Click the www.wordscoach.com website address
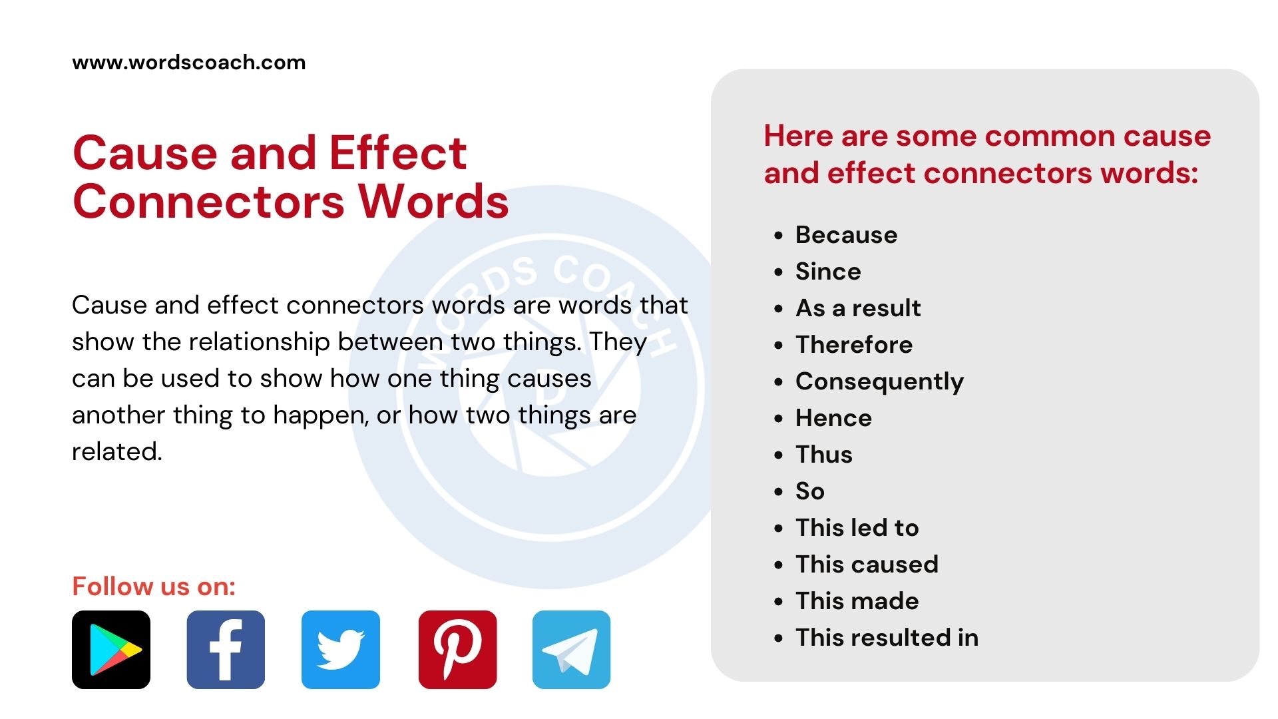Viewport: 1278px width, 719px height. [x=189, y=63]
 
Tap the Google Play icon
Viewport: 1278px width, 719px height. [x=111, y=650]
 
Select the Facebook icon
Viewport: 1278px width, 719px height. [x=226, y=650]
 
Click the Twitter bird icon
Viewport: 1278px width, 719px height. [x=341, y=650]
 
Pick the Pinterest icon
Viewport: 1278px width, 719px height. [x=457, y=650]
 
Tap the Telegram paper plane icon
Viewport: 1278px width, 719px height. [x=571, y=650]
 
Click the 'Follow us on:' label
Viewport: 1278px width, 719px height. [x=154, y=587]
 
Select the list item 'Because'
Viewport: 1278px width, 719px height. [x=846, y=235]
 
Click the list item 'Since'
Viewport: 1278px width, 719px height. [x=828, y=272]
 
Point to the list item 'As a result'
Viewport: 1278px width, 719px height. [x=858, y=308]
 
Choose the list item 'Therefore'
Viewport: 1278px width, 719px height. [x=854, y=345]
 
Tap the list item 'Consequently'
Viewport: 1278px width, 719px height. [x=879, y=382]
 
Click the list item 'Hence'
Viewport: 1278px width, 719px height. [x=833, y=418]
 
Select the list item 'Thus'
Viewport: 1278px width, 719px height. [x=824, y=455]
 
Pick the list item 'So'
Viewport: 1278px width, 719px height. [x=810, y=491]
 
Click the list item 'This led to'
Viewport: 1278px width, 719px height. [x=857, y=528]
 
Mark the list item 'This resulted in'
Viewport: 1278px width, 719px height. [x=887, y=638]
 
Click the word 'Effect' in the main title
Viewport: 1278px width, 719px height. [x=398, y=153]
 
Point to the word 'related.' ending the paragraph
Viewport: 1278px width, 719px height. [x=117, y=452]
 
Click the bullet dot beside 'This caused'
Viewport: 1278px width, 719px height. [x=779, y=565]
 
